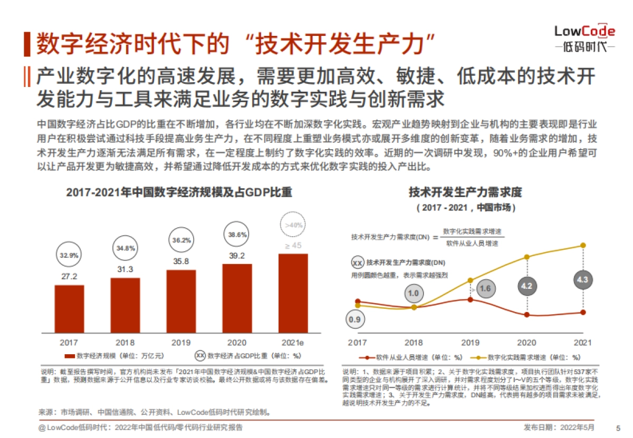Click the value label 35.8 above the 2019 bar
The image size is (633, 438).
[181, 261]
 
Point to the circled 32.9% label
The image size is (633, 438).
[69, 255]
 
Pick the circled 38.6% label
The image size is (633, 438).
[237, 235]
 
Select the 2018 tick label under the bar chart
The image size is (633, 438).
[125, 342]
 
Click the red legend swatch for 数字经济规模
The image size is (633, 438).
[69, 356]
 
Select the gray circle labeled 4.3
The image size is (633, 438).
[582, 280]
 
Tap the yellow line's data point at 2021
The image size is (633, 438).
[583, 245]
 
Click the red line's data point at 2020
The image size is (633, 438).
[527, 315]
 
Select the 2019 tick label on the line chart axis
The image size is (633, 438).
[471, 342]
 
